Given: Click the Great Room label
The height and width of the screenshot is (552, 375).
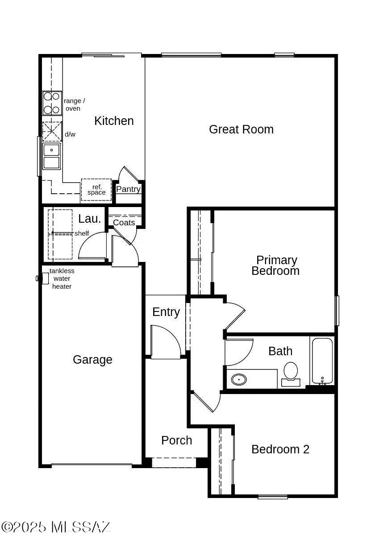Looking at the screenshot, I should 241,129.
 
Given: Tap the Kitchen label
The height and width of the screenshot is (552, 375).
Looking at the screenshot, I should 114,121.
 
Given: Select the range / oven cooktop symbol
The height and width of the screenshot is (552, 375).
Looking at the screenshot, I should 52,103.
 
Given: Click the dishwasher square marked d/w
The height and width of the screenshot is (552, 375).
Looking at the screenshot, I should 52,132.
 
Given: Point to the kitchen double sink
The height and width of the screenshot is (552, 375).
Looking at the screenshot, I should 51,156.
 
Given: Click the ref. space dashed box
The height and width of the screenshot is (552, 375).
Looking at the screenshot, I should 96,190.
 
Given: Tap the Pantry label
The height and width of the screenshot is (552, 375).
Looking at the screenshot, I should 128,189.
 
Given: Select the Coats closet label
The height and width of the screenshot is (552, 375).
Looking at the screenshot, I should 124,222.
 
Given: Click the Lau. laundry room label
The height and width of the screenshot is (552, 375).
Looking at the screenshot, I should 90,219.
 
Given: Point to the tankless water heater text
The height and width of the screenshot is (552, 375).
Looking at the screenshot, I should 62,278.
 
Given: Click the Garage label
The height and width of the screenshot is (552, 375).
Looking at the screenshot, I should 92,360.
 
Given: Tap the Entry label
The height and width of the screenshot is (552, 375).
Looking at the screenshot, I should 166,312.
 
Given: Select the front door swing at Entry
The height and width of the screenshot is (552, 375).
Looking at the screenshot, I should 165,342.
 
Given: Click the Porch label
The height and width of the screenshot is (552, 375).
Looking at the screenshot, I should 177,440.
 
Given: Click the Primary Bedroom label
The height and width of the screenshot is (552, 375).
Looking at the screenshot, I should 276,266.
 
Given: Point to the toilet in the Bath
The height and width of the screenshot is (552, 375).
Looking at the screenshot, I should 291,373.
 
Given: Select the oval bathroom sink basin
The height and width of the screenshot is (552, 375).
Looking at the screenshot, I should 239,380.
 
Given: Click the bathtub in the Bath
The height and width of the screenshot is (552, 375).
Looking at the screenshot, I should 322,361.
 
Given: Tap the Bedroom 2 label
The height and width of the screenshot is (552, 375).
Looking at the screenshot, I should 280,449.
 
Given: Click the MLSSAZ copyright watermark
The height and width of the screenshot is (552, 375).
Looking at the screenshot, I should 56,527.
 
